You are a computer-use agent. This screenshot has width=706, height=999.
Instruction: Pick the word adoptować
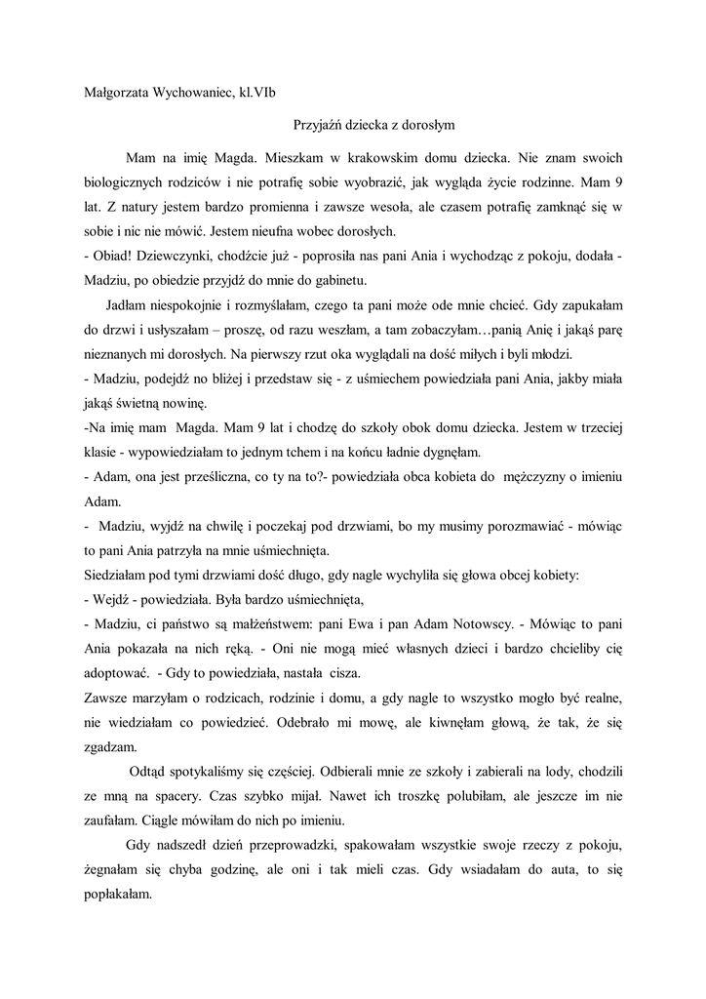coord(116,673)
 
